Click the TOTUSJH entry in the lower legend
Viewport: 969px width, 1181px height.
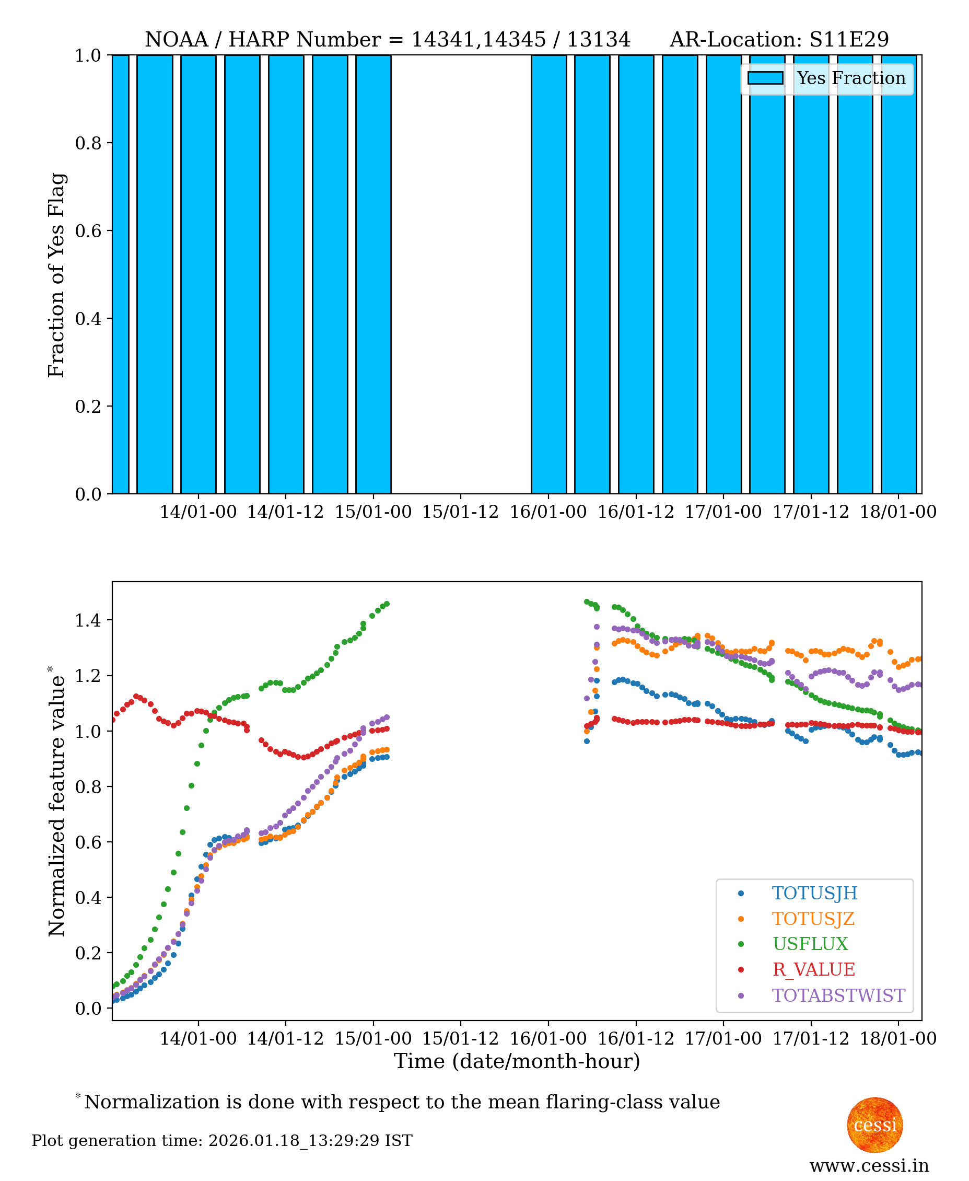814,893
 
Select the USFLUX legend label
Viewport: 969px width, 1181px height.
809,944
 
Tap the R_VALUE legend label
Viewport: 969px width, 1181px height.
813,969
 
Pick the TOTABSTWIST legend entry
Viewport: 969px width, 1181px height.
838,995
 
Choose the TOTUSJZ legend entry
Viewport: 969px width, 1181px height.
813,919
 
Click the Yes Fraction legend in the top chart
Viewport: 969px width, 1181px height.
827,79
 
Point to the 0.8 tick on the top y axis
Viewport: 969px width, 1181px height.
88,143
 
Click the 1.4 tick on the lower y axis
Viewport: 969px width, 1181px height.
88,620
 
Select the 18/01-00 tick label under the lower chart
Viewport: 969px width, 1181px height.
897,1039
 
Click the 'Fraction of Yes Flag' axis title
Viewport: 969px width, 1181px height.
56,275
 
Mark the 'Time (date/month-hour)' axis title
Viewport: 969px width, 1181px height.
517,1061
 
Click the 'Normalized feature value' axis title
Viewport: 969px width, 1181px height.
56,801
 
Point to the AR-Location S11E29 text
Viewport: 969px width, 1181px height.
779,40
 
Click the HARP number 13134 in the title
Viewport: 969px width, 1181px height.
598,40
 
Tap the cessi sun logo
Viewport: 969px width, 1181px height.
874,1125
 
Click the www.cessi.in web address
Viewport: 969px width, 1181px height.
869,1166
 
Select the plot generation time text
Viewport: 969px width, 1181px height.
221,1141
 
